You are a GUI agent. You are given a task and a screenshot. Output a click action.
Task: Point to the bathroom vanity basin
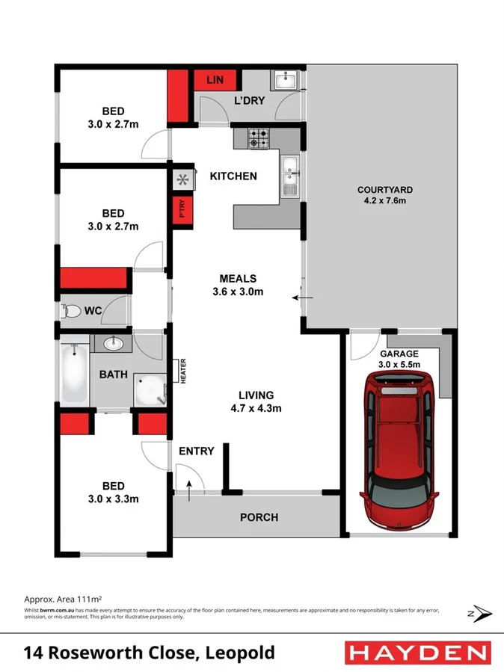point(114,344)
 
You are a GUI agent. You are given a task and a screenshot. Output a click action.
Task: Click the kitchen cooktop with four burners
point(259,138)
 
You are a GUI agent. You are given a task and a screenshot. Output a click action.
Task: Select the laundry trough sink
point(285,80)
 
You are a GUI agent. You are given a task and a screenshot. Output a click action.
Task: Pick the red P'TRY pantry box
point(179,210)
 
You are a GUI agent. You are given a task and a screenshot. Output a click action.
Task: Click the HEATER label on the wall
point(181,372)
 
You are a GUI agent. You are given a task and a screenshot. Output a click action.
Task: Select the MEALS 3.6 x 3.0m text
point(237,286)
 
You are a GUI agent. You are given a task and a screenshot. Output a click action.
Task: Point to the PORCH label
point(259,517)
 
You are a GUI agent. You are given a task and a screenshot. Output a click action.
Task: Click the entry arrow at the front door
point(188,489)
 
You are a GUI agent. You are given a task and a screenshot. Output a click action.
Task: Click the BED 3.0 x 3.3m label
point(113,493)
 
